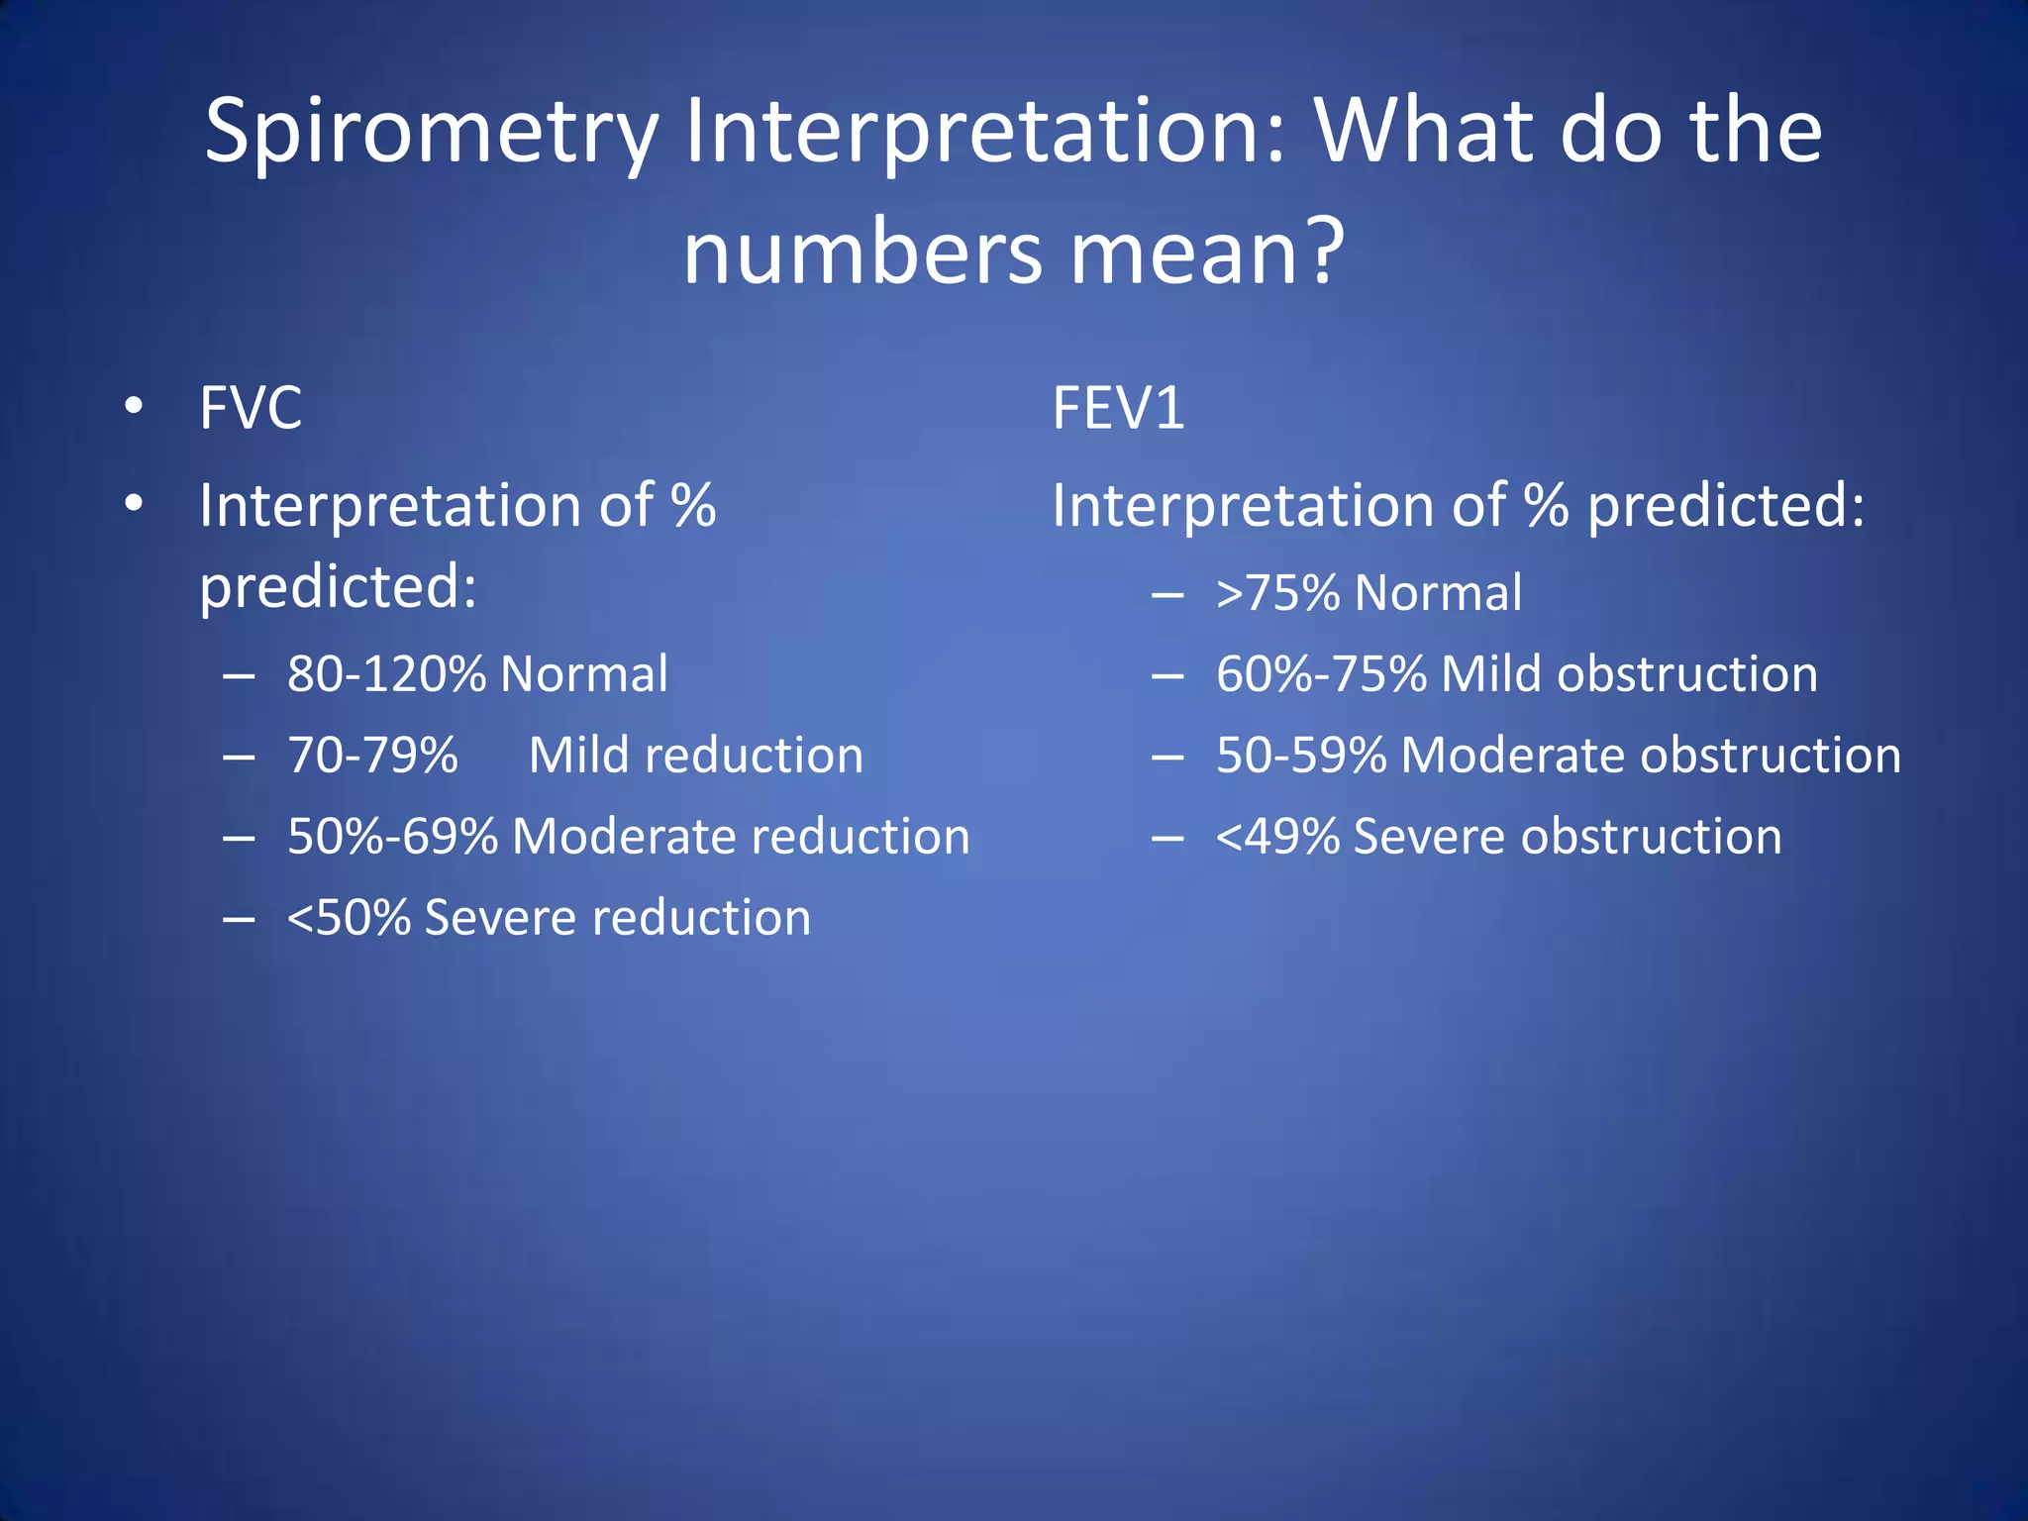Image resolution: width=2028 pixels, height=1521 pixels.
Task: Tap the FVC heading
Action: [250, 407]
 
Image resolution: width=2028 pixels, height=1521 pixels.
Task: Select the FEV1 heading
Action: [1118, 407]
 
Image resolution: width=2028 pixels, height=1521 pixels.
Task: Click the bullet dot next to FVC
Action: [135, 407]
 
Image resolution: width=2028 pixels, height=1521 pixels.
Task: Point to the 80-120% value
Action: [386, 674]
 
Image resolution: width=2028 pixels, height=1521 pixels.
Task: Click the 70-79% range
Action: [372, 756]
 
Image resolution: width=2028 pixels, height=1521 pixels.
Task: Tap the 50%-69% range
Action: [392, 837]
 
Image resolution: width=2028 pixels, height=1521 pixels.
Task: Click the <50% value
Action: [349, 918]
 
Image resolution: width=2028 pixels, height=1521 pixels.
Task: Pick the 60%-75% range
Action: [1321, 674]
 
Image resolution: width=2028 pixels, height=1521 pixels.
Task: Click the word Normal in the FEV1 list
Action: [1438, 593]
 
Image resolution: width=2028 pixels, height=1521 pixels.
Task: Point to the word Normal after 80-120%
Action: [584, 674]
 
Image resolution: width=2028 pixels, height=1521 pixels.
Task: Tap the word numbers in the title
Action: [862, 253]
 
